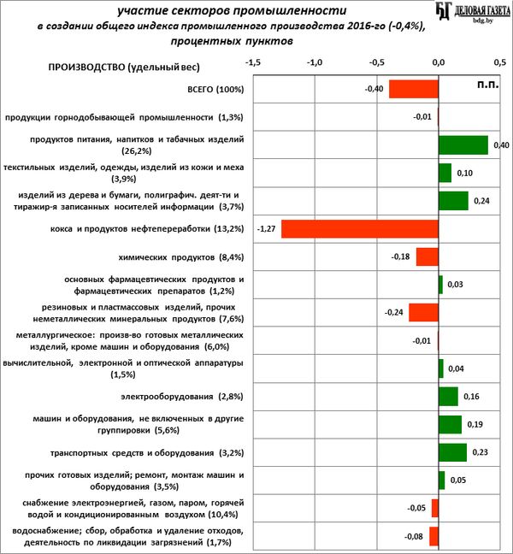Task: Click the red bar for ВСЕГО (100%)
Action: click(x=414, y=89)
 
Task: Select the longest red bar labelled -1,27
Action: click(x=360, y=228)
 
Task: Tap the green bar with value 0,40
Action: click(x=463, y=144)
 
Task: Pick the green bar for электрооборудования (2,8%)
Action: click(x=448, y=397)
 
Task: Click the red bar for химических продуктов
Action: click(x=427, y=256)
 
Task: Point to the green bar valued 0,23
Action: click(x=452, y=452)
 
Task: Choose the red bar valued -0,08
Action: click(x=433, y=536)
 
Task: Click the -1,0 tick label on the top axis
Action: click(x=315, y=62)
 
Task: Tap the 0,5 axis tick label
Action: click(x=500, y=62)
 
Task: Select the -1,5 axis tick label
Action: click(x=253, y=62)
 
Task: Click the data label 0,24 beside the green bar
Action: click(x=481, y=201)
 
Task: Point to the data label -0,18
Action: click(x=400, y=256)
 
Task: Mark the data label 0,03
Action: click(x=455, y=285)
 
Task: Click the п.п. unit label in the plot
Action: click(x=488, y=85)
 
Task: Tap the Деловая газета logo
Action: click(x=473, y=10)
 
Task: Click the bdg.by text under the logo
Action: click(x=483, y=21)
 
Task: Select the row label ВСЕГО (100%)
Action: click(x=215, y=90)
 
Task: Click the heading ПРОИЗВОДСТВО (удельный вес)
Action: click(x=124, y=68)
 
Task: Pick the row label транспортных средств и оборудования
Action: click(x=147, y=453)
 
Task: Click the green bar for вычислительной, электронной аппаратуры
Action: click(x=441, y=368)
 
